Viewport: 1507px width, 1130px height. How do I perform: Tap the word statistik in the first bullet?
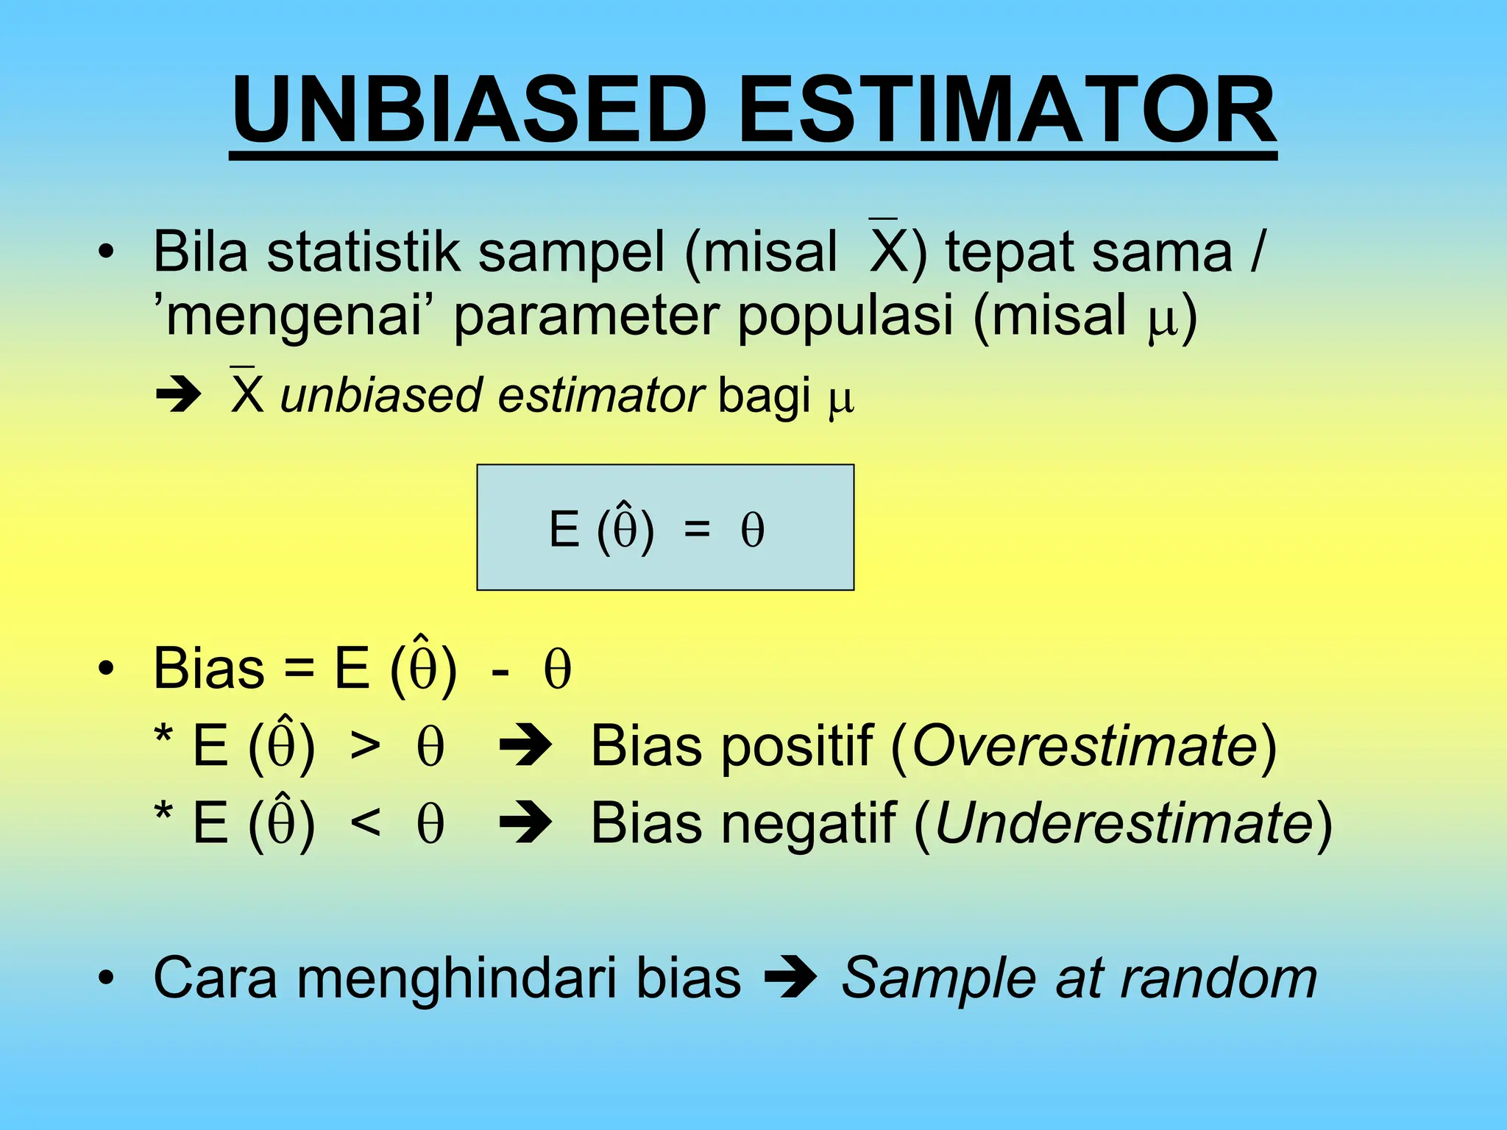click(x=364, y=252)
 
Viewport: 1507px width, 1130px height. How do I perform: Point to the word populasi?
click(x=845, y=315)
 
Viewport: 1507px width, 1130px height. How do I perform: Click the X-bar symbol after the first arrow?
click(x=247, y=393)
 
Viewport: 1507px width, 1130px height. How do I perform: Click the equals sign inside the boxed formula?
click(x=697, y=529)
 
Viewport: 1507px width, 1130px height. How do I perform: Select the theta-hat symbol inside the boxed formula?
click(x=625, y=527)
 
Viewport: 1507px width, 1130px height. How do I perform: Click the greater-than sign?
click(x=366, y=746)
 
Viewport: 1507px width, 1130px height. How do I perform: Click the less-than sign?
click(x=366, y=823)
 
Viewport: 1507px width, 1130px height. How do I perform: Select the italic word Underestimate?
click(x=1123, y=823)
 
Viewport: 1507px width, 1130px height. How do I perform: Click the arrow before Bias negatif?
click(x=525, y=823)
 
